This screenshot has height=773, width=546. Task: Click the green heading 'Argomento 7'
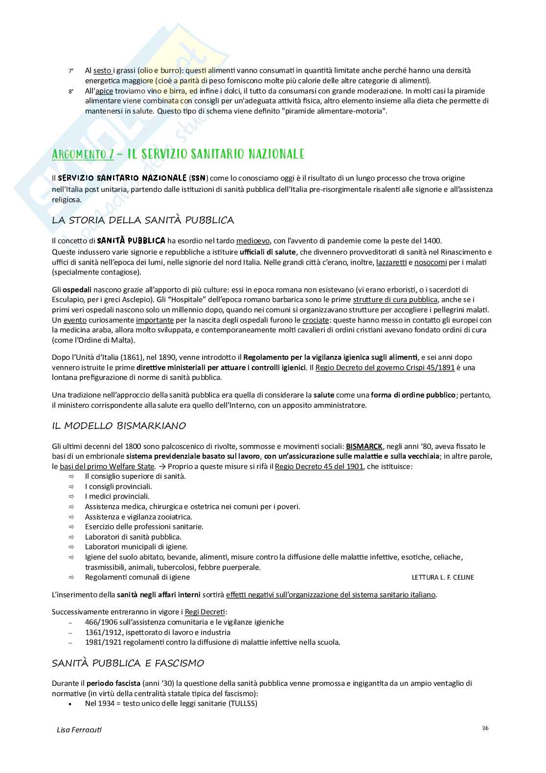coord(83,154)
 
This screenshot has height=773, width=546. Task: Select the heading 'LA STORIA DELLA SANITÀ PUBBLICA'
coord(143,220)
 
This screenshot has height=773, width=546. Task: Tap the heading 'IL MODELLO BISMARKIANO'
coord(119,425)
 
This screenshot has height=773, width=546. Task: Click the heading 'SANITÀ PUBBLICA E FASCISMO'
coord(128,663)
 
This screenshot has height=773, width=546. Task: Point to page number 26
coord(485,728)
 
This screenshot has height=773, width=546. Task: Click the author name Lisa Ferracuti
coord(79,729)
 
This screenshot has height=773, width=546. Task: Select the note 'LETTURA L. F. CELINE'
coord(443,577)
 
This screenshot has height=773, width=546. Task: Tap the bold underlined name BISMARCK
coord(364,446)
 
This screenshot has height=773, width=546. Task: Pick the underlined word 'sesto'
coord(102,70)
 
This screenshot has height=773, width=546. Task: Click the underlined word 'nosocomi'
coord(431,262)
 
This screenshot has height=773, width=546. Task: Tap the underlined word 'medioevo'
coord(252,240)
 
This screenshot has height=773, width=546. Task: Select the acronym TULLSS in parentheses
coord(241,703)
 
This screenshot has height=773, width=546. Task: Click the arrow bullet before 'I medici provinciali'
coord(70,496)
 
